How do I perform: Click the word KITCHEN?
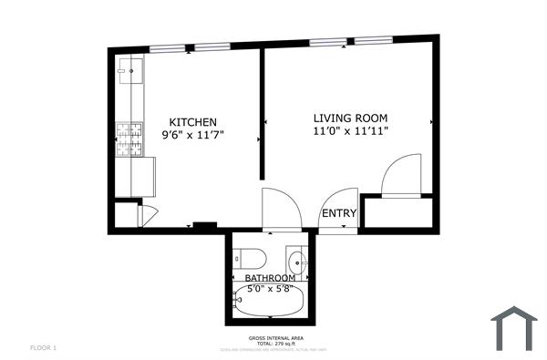192,122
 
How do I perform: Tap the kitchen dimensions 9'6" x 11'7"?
192,135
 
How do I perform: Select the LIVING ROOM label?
351,118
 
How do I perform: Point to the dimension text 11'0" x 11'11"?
351,131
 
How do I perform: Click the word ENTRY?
339,213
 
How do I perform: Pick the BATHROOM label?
270,278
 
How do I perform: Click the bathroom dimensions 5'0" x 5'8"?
270,290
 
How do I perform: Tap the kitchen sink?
129,67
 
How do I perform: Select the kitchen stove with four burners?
129,138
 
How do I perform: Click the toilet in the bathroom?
249,255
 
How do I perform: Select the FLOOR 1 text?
44,348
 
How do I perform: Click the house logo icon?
516,328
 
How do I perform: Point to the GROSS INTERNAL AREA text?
273,337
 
